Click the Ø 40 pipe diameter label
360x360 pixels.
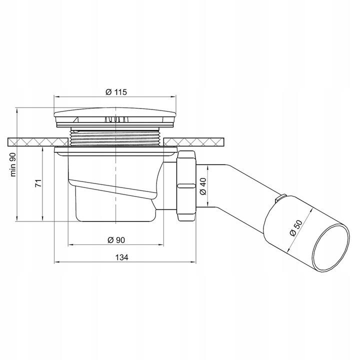click(202, 186)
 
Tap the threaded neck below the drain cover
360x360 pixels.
click(115, 136)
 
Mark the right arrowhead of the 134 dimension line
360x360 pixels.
click(191, 262)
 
